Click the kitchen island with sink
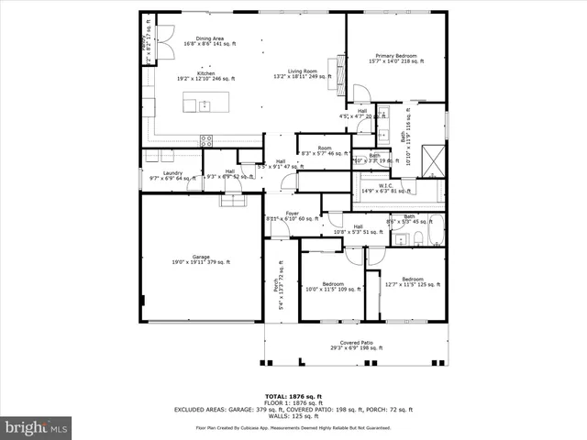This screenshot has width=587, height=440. tap(202, 105)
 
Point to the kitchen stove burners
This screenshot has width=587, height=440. tap(206, 140)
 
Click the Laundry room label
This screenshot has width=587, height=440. tap(172, 174)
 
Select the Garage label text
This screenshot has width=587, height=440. tap(200, 258)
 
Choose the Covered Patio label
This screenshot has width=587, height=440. tap(357, 346)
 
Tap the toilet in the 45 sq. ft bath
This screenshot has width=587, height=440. tap(416, 238)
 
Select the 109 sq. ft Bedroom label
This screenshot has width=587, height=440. tap(332, 286)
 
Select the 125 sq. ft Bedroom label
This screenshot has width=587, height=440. tap(412, 280)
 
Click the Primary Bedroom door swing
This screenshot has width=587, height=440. tap(360, 93)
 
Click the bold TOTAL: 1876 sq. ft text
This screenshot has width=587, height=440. tap(295, 396)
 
